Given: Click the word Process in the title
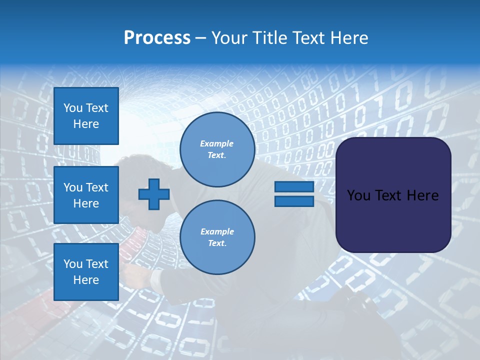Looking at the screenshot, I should pyautogui.click(x=157, y=38).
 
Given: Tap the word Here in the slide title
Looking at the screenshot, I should pyautogui.click(x=348, y=38).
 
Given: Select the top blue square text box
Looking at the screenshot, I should pyautogui.click(x=86, y=116).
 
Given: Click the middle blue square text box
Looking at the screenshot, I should pyautogui.click(x=86, y=195).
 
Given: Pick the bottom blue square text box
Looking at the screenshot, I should pyautogui.click(x=86, y=271).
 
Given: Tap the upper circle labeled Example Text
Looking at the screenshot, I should pyautogui.click(x=217, y=149).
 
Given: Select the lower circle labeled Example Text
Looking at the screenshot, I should pyautogui.click(x=217, y=237).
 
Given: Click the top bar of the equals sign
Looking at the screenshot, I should pyautogui.click(x=294, y=186).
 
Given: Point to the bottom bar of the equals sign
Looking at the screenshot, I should pyautogui.click(x=294, y=201).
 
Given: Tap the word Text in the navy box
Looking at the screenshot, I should pyautogui.click(x=391, y=195).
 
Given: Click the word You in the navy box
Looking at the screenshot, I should pyautogui.click(x=358, y=195).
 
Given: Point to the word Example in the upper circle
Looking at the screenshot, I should pyautogui.click(x=216, y=143).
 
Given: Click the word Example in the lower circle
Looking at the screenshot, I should pyautogui.click(x=216, y=231).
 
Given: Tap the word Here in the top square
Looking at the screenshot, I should pyautogui.click(x=86, y=124).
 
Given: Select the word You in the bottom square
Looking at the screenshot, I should pyautogui.click(x=73, y=264).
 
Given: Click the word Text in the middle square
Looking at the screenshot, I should pyautogui.click(x=96, y=187).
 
